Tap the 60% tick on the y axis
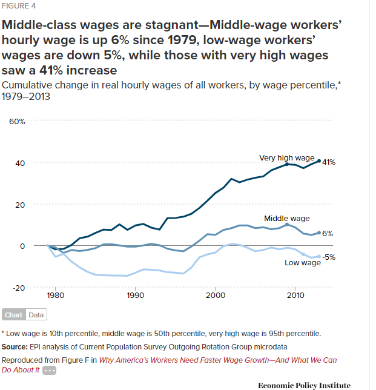[x=17, y=121]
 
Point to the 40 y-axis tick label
[x=21, y=163]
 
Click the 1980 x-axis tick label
[x=56, y=296]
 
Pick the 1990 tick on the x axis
[x=135, y=296]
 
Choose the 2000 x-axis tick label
[x=216, y=296]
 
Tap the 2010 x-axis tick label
[x=295, y=296]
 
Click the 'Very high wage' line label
[x=287, y=158]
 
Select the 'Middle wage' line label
[x=287, y=218]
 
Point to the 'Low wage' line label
[x=303, y=262]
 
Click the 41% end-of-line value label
[x=329, y=162]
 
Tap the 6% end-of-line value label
[x=328, y=233]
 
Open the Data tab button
[x=36, y=315]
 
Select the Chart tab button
[x=13, y=315]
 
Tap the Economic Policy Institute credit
[x=304, y=385]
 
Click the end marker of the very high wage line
[x=319, y=161]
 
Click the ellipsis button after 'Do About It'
[x=50, y=370]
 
